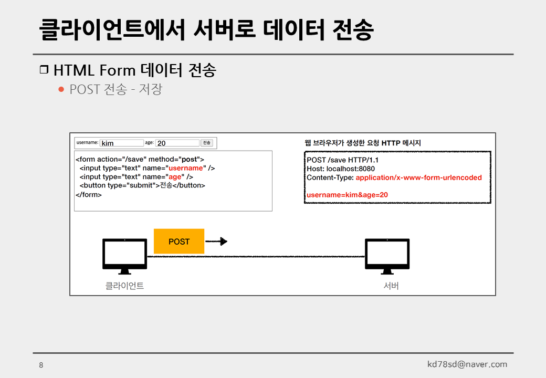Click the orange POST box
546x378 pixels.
coord(178,241)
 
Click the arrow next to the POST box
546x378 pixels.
coord(216,241)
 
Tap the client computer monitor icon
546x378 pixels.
coord(124,256)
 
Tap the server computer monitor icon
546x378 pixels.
coord(387,256)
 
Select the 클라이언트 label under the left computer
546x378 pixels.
coord(124,286)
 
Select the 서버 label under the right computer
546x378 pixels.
coord(391,286)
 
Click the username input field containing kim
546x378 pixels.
coord(121,143)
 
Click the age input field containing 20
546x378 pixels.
coord(177,143)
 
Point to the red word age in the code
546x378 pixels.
coord(174,177)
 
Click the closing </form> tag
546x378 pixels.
coord(89,195)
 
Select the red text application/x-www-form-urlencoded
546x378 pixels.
coord(418,177)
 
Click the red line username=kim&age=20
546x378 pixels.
coord(347,195)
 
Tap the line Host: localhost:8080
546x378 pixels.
coord(341,169)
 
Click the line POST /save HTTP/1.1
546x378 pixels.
coord(342,160)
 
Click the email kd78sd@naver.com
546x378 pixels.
coord(467,364)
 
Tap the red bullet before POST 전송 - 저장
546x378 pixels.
coord(61,89)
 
